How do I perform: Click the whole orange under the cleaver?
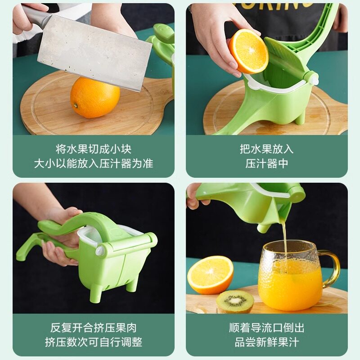click(95, 98)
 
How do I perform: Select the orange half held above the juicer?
click(248, 51)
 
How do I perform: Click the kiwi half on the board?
click(235, 301)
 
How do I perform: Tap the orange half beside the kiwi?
click(210, 274)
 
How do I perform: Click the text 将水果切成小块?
click(94, 149)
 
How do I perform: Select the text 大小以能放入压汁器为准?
click(94, 163)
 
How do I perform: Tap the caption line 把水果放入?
click(266, 149)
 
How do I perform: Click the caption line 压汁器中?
click(266, 163)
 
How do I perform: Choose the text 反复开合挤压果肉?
click(94, 328)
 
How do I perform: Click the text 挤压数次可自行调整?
click(94, 342)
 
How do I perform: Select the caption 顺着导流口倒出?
click(266, 328)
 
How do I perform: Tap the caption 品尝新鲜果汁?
click(266, 342)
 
